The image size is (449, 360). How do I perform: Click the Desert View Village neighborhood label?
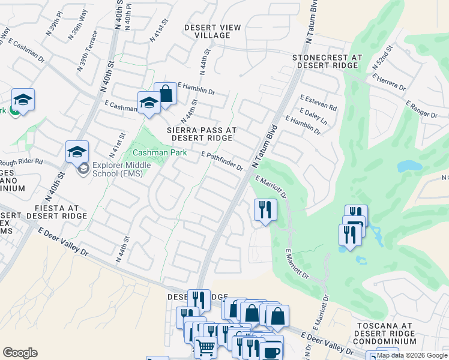pyautogui.click(x=212, y=32)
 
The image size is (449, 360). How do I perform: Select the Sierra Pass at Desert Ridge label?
pyautogui.click(x=201, y=134)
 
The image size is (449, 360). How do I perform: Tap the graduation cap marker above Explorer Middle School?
pyautogui.click(x=77, y=152)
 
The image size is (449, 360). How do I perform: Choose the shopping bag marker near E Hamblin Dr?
pyautogui.click(x=165, y=95)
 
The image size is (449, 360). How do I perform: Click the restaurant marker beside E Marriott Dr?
pyautogui.click(x=265, y=210)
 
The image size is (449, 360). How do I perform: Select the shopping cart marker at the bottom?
pyautogui.click(x=205, y=347)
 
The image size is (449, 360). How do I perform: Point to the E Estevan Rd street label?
pyautogui.click(x=318, y=103)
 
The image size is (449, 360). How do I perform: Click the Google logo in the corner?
pyautogui.click(x=20, y=353)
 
